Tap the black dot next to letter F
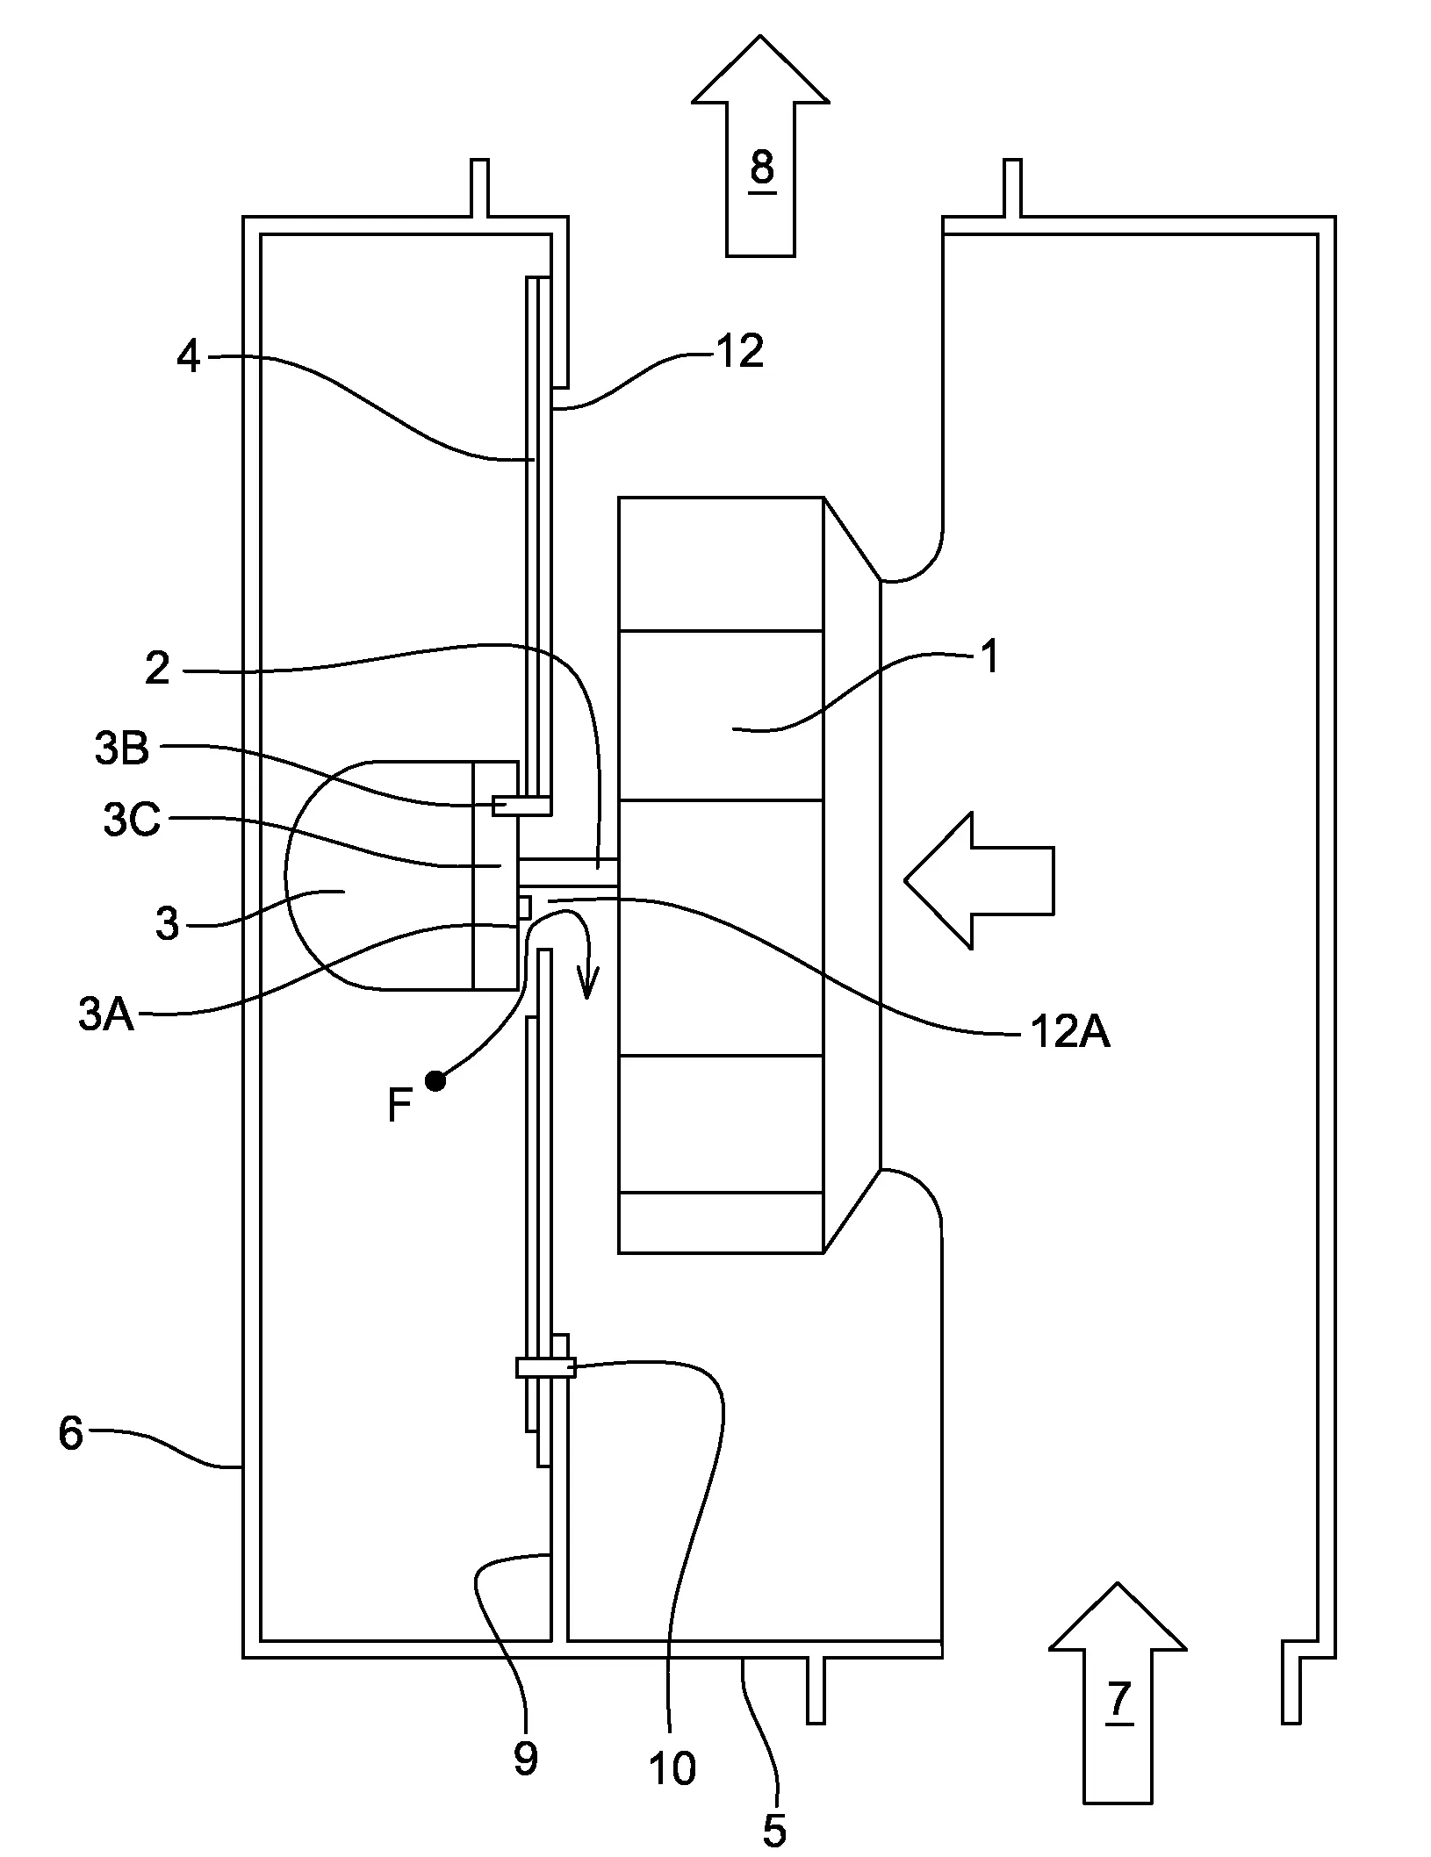(x=435, y=1081)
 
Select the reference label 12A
(x=1069, y=1033)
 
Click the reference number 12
(x=739, y=352)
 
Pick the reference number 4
(x=188, y=357)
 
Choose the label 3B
(x=122, y=749)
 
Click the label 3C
(x=132, y=821)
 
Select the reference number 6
(x=70, y=1433)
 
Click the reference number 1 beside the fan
(x=989, y=656)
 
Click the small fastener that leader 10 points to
(x=545, y=1367)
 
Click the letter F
(x=399, y=1108)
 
